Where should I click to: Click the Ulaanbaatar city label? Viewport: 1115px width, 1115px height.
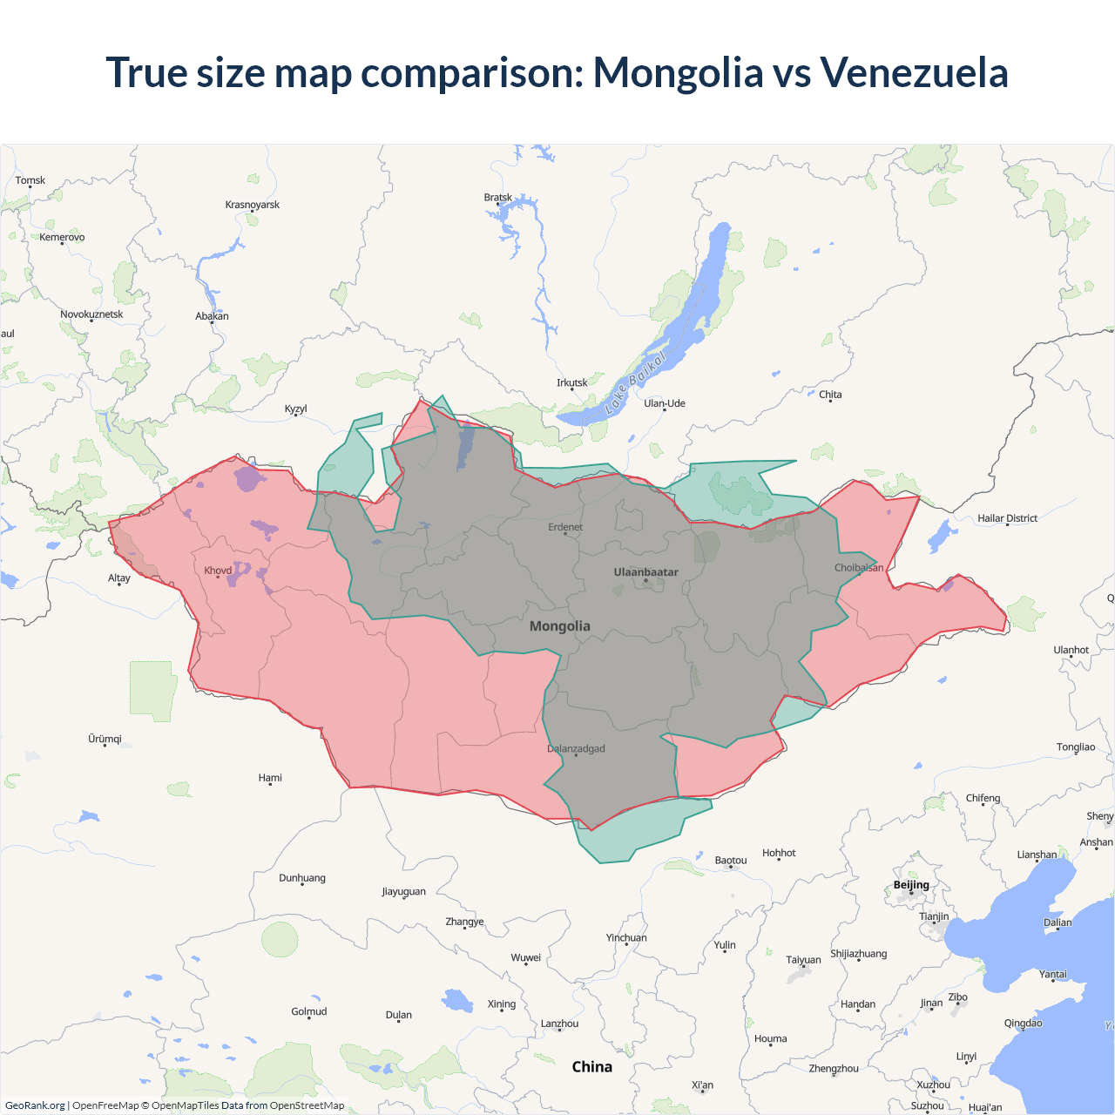click(x=645, y=572)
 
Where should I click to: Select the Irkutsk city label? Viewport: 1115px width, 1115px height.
click(x=571, y=382)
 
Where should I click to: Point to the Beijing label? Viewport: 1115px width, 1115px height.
click(x=911, y=885)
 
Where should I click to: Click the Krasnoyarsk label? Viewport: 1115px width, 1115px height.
click(x=253, y=205)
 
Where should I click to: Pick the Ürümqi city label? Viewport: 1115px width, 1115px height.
click(x=105, y=739)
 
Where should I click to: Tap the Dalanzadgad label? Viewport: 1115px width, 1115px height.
click(x=576, y=748)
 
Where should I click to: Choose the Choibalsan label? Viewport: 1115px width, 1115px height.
click(x=859, y=567)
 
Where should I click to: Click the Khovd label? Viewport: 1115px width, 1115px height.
click(x=218, y=571)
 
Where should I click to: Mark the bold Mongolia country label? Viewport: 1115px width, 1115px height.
click(x=560, y=626)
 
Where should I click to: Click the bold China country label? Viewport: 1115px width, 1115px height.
click(x=592, y=1067)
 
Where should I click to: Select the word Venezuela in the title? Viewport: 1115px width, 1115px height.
click(x=914, y=72)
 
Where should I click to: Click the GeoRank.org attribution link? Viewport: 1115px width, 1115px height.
click(x=35, y=1105)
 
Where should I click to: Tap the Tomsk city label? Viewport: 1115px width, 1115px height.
click(x=30, y=180)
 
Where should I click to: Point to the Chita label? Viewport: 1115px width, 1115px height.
click(x=830, y=395)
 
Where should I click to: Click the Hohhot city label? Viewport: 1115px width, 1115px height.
click(x=779, y=853)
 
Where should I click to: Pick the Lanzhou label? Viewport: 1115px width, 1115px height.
click(x=559, y=1024)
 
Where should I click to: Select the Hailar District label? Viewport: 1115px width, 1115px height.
click(x=1007, y=518)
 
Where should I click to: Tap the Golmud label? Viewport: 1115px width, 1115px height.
click(x=309, y=1011)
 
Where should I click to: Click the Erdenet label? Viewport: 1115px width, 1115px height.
click(x=565, y=527)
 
